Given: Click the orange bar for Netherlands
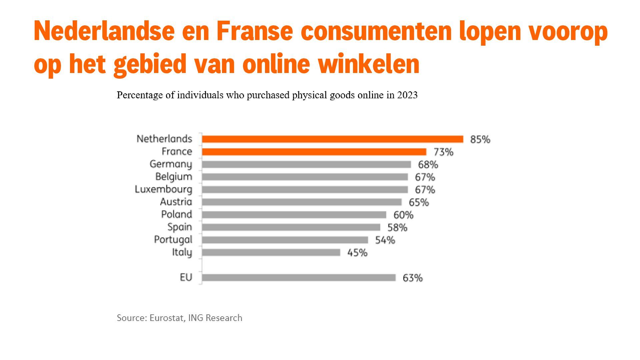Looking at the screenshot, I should coord(332,139).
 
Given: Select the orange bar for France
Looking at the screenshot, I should coord(314,152).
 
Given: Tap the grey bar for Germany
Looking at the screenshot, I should coord(306,164).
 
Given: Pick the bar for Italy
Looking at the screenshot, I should coord(271,252).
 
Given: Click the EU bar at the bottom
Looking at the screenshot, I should coord(299,277).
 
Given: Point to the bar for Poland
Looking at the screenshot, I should coord(294,215).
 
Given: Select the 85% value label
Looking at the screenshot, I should coord(480,139).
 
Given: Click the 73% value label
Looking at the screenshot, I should coord(443,152).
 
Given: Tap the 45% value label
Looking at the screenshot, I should coord(357,253).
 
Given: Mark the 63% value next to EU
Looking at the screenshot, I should coord(412,278).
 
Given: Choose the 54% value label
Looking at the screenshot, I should coord(385,240).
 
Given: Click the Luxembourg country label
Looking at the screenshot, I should coord(163,189).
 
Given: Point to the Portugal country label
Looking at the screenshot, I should coord(173,240).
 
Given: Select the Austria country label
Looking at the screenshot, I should coord(176,202).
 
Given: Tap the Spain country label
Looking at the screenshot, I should coord(180,227).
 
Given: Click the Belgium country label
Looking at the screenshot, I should coord(174,177).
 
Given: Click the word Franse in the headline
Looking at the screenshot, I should coord(254,31).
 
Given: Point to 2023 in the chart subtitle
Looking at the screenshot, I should coord(407,95).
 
